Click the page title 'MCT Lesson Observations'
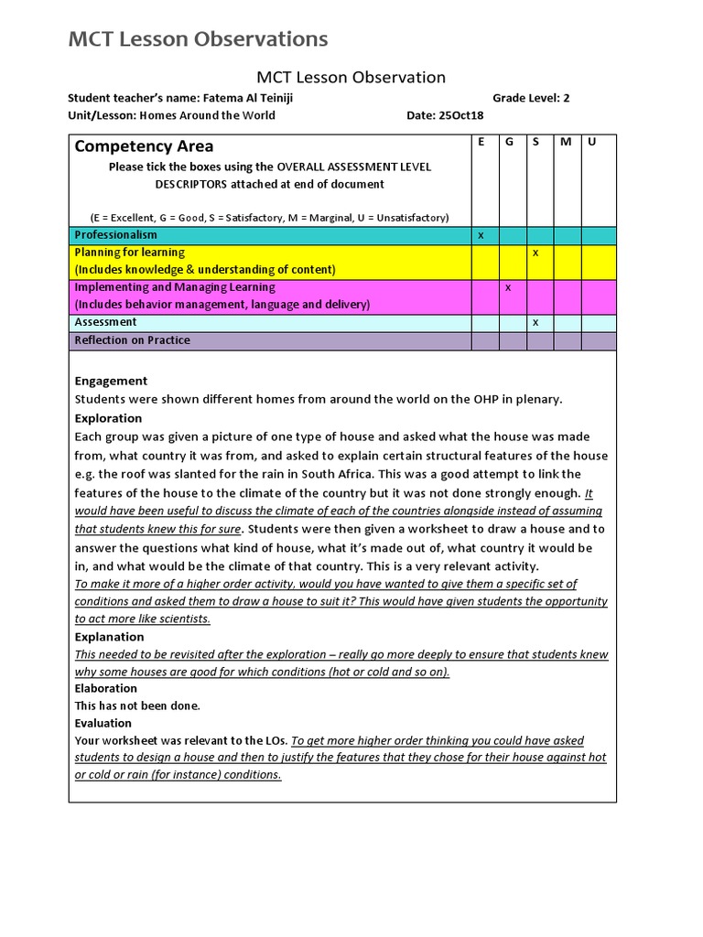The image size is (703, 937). point(198,38)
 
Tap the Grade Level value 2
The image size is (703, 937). point(567,98)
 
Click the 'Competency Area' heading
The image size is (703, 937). point(144,146)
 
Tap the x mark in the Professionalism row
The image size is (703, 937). point(481,235)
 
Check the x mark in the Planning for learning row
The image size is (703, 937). point(535,252)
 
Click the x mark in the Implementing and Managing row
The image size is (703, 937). point(508,287)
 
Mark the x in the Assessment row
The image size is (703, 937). point(535,322)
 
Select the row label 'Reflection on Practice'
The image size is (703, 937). point(132,340)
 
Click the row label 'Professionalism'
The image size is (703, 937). point(115,235)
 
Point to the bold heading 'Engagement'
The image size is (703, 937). point(111,381)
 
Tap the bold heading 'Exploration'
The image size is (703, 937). point(108,418)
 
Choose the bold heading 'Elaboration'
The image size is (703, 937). point(105,688)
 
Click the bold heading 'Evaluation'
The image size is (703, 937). point(103,723)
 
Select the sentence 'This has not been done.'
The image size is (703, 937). point(136,705)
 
